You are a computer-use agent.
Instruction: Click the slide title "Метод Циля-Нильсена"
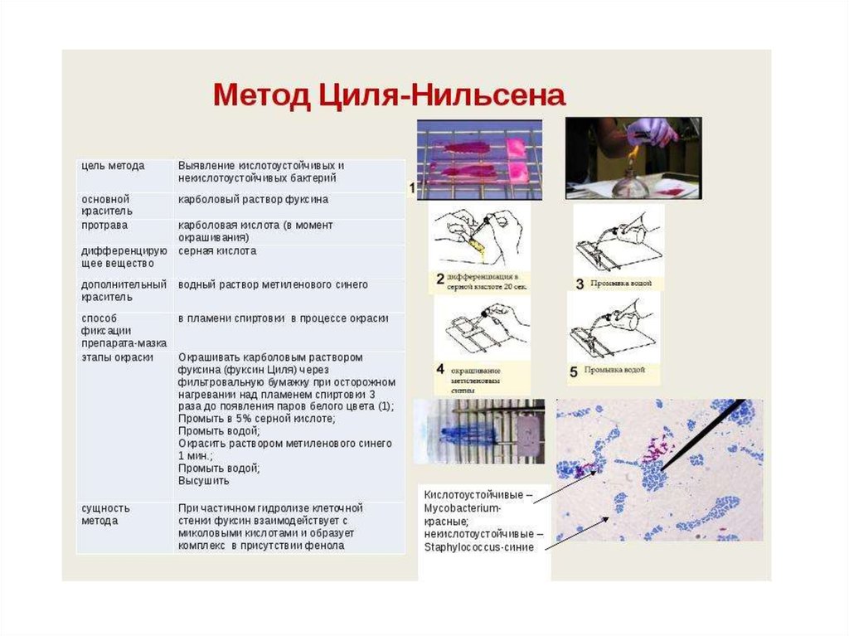(389, 95)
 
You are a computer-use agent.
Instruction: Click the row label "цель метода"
(113, 166)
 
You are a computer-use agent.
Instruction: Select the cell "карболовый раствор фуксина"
(253, 200)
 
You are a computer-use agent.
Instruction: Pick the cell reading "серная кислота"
(217, 250)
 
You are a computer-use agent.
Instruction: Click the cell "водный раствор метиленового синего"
(273, 284)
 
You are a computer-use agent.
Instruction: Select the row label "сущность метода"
(105, 514)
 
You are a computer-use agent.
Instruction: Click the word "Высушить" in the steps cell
(203, 481)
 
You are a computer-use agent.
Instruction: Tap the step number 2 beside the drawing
(440, 279)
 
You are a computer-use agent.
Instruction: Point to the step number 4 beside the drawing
(440, 369)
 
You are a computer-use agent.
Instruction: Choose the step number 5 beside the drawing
(573, 372)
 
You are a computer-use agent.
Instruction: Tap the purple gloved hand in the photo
(652, 132)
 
